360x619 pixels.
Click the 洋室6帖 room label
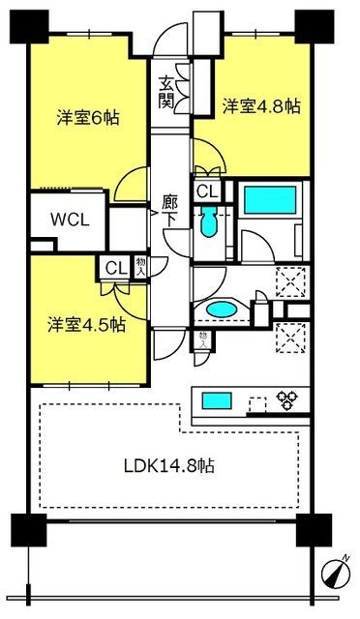(x=88, y=118)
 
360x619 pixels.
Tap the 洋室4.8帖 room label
(x=261, y=105)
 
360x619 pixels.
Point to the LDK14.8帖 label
(x=169, y=466)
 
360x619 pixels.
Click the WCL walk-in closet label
(x=70, y=220)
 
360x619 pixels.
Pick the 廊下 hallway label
(x=170, y=212)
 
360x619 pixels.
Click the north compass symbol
(x=336, y=572)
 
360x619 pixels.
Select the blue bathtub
(x=270, y=200)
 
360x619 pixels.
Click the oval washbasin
(x=222, y=309)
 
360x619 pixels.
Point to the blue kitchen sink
(x=217, y=400)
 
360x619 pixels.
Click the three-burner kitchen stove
(x=286, y=399)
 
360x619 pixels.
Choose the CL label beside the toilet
(x=208, y=192)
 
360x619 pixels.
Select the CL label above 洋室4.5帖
(x=116, y=269)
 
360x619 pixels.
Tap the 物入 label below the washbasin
(x=203, y=339)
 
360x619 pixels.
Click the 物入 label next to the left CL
(x=140, y=267)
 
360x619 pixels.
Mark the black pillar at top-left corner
(x=29, y=26)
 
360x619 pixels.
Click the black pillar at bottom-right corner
(x=315, y=529)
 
